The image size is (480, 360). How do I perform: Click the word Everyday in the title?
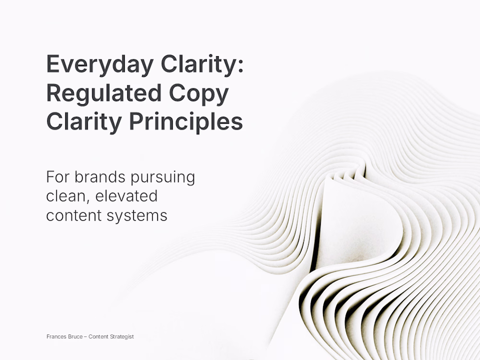[x=100, y=65]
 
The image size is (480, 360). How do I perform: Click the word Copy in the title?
[x=199, y=94]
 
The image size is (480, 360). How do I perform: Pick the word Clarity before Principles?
[x=84, y=122]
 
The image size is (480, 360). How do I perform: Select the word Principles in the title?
[x=186, y=122]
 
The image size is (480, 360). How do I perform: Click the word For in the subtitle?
[x=57, y=177]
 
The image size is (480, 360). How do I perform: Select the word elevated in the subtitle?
[x=126, y=196]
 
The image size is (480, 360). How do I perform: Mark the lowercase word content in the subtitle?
[x=74, y=216]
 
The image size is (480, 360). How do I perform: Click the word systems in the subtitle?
[x=137, y=216]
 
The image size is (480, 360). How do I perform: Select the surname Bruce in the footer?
[x=73, y=337]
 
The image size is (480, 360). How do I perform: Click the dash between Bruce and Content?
[x=85, y=337]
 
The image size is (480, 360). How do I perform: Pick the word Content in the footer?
[x=98, y=337]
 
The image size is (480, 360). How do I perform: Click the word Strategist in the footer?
[x=122, y=337]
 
